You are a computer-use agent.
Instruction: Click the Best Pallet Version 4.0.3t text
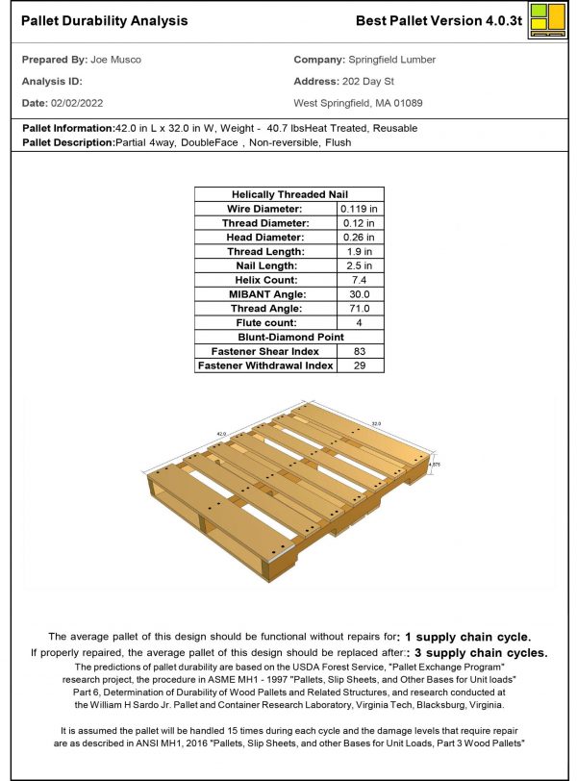(439, 20)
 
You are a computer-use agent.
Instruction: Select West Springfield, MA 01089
(358, 102)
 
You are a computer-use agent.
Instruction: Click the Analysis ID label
(52, 81)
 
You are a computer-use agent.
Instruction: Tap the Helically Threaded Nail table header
(289, 193)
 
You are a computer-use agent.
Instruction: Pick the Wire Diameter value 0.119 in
(359, 208)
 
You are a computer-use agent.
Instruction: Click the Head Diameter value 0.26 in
(359, 237)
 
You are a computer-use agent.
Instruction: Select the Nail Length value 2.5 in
(359, 265)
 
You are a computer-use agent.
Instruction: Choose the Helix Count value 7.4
(359, 280)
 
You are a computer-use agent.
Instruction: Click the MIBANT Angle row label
(267, 294)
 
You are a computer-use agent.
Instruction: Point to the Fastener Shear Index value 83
(359, 351)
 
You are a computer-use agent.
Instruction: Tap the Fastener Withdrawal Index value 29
(359, 365)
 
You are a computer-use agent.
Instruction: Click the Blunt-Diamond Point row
(289, 337)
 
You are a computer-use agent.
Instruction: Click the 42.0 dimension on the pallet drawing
(220, 434)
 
